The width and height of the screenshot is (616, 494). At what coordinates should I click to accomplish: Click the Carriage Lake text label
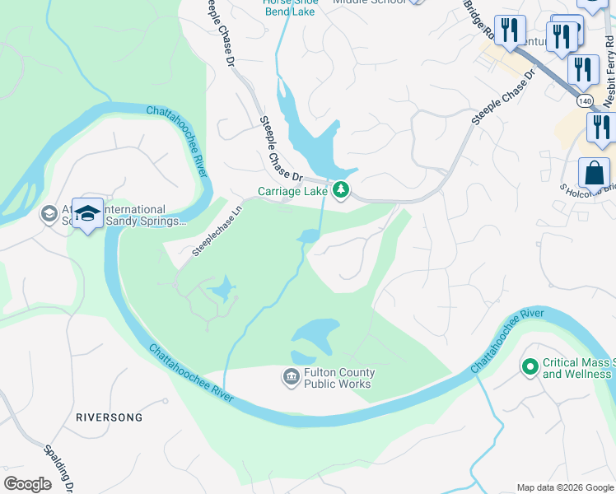(x=292, y=191)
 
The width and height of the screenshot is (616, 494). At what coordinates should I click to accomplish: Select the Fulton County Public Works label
(x=338, y=378)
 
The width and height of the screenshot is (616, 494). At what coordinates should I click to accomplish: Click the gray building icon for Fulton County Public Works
(x=291, y=378)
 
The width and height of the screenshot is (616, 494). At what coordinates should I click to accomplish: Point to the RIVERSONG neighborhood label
(x=109, y=417)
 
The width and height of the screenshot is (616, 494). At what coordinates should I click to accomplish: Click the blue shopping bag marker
(x=594, y=174)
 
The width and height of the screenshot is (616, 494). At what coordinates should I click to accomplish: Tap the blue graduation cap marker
(x=86, y=213)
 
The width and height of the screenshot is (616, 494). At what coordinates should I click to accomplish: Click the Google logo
(x=27, y=484)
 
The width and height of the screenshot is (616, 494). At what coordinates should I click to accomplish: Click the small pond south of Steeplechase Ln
(x=222, y=290)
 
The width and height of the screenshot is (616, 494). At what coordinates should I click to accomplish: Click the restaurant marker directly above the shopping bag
(x=600, y=128)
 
